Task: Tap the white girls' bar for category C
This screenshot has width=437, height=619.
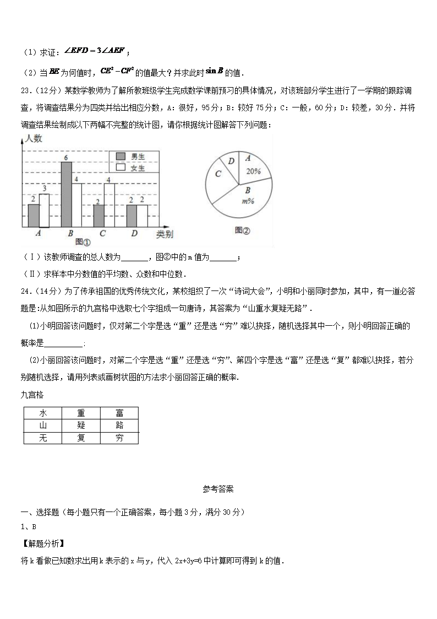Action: [109, 204]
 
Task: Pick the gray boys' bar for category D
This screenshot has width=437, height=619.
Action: [132, 216]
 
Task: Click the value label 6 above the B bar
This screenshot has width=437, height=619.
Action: [66, 158]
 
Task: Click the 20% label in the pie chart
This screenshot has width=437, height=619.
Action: [254, 171]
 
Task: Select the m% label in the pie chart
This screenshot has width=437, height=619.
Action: [248, 201]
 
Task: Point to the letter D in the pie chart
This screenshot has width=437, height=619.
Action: [232, 160]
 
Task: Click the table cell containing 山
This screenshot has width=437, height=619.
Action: [42, 426]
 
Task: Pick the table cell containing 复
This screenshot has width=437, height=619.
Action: [81, 438]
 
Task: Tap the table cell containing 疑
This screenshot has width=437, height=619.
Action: [81, 426]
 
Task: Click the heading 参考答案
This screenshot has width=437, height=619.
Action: [218, 488]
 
